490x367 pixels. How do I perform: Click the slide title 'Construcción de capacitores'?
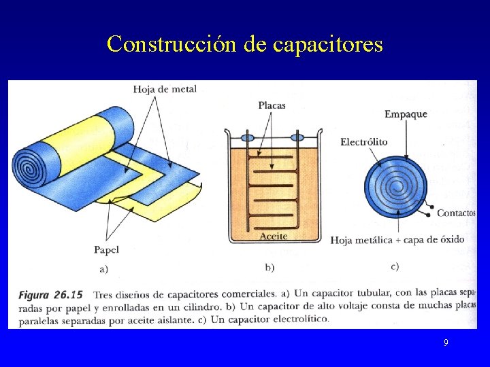245,45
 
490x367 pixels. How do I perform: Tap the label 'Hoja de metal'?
165,89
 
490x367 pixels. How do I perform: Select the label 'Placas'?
272,105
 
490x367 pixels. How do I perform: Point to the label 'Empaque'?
406,113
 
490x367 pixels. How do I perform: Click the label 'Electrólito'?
364,142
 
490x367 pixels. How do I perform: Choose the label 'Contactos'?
455,213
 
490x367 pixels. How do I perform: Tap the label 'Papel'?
106,249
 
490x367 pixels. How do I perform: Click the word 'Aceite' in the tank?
274,236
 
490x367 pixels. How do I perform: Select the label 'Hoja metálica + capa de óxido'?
397,240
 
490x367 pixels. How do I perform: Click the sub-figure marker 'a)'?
104,268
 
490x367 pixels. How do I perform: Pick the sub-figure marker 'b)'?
270,267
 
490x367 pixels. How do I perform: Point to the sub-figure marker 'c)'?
395,266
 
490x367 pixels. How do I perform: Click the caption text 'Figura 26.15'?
51,295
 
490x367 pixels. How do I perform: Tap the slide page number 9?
446,343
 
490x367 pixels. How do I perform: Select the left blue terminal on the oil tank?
248,137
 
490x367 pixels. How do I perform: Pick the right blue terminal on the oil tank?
297,137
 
